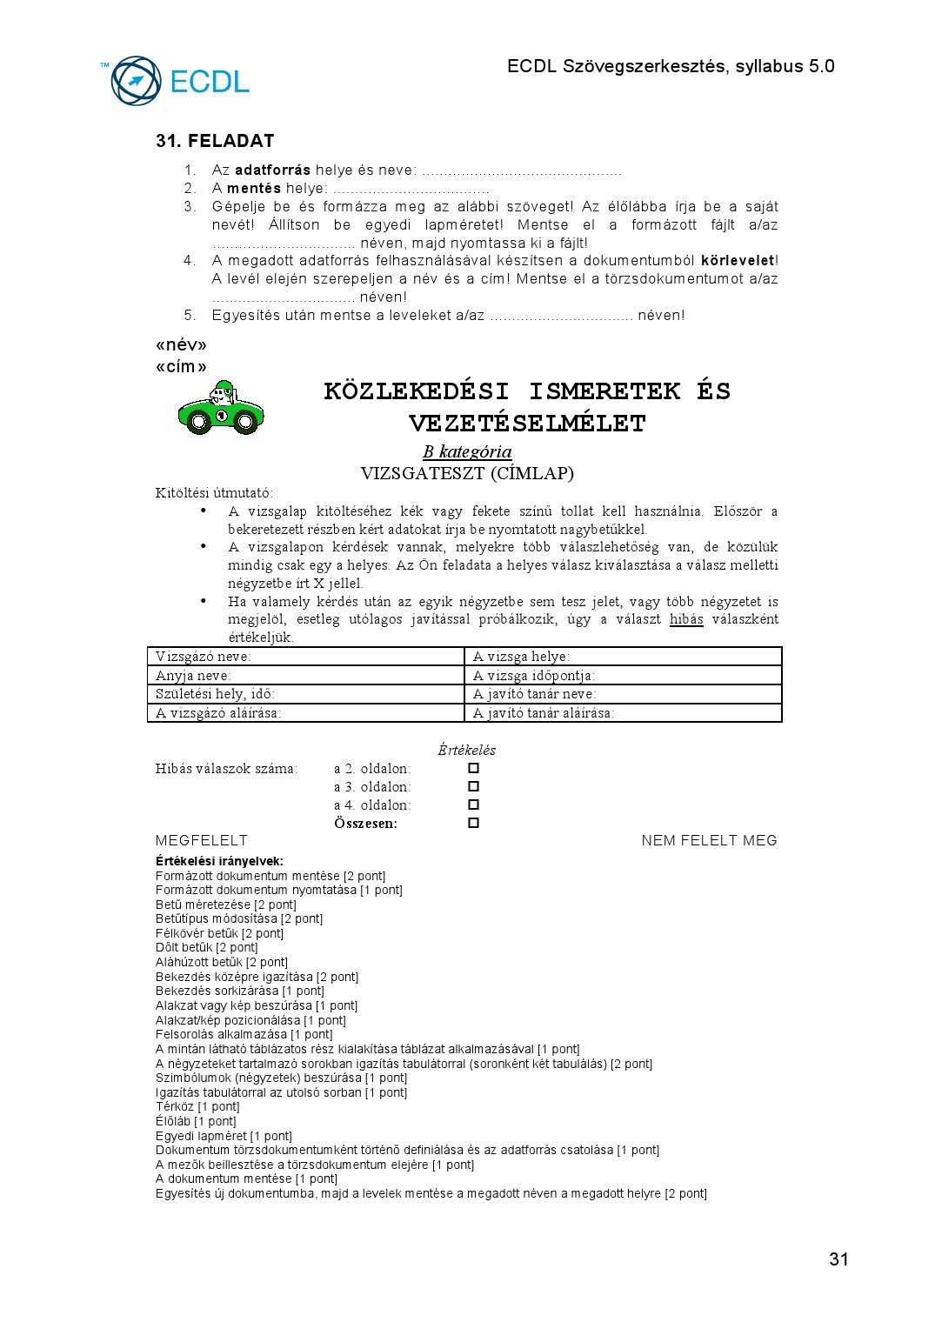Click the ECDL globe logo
tap(137, 81)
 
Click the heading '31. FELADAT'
tap(215, 141)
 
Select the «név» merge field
tap(181, 345)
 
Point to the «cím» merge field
tap(181, 366)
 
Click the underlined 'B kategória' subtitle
tap(467, 451)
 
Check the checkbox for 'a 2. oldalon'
tap(473, 768)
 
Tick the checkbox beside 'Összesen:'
tap(473, 823)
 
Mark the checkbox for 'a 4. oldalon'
tap(473, 805)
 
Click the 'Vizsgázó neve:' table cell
tap(305, 657)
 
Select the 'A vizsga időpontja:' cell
tap(623, 675)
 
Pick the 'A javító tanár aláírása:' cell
tap(623, 713)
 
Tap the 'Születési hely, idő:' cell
tap(305, 694)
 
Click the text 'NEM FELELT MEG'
tap(709, 840)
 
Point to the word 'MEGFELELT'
tap(201, 840)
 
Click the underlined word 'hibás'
tap(686, 619)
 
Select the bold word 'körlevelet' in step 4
tap(737, 260)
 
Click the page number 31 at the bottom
tap(838, 1259)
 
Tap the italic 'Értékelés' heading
tap(466, 750)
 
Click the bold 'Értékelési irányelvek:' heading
tap(219, 861)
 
